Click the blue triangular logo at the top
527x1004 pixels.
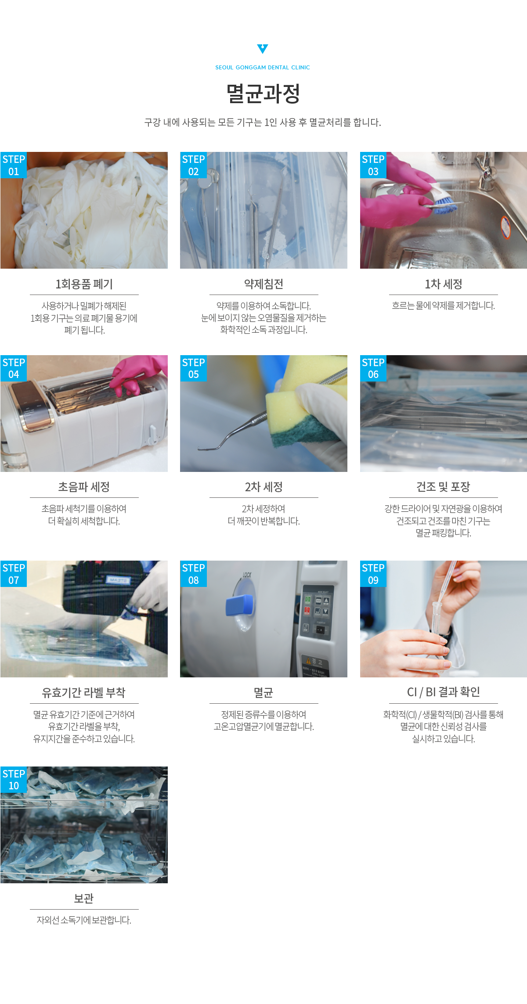[263, 49]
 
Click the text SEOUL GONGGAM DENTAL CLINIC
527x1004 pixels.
[263, 68]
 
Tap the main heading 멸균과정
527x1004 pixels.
[263, 94]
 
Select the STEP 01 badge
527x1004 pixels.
[14, 165]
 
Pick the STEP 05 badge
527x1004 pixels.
[193, 368]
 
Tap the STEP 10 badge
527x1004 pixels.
[14, 780]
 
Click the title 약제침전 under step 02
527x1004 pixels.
[263, 284]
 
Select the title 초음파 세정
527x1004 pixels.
[84, 487]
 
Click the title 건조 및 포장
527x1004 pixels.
[443, 487]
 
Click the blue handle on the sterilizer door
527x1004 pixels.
[240, 605]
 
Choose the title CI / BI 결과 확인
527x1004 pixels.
[443, 692]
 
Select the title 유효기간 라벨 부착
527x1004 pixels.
[84, 693]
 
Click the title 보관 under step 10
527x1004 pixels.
[84, 899]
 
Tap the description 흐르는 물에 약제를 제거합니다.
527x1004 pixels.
[443, 306]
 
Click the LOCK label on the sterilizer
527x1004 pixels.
[247, 574]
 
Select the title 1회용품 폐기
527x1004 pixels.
[84, 284]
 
